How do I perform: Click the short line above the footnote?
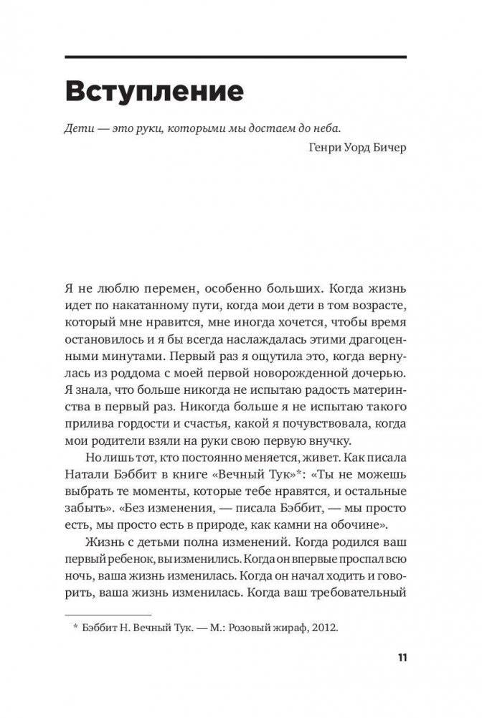(x=108, y=615)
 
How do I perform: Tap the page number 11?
(x=401, y=658)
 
